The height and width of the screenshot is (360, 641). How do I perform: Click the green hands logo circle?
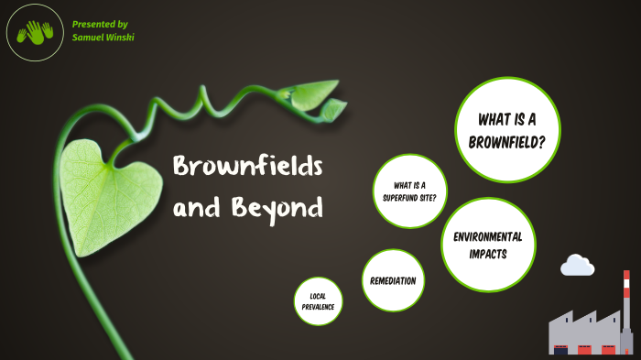(x=36, y=33)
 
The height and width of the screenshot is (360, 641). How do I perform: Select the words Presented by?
(x=100, y=23)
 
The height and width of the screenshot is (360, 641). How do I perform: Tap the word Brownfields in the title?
(x=247, y=167)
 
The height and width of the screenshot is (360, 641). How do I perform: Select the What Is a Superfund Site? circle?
(x=409, y=191)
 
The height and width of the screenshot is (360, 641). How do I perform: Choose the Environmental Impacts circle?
(x=487, y=245)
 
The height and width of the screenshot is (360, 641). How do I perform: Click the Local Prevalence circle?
(x=318, y=301)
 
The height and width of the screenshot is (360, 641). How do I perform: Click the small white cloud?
(x=577, y=265)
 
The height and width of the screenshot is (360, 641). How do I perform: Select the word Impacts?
(x=487, y=254)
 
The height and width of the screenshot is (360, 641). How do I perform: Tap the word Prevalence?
(x=318, y=307)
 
